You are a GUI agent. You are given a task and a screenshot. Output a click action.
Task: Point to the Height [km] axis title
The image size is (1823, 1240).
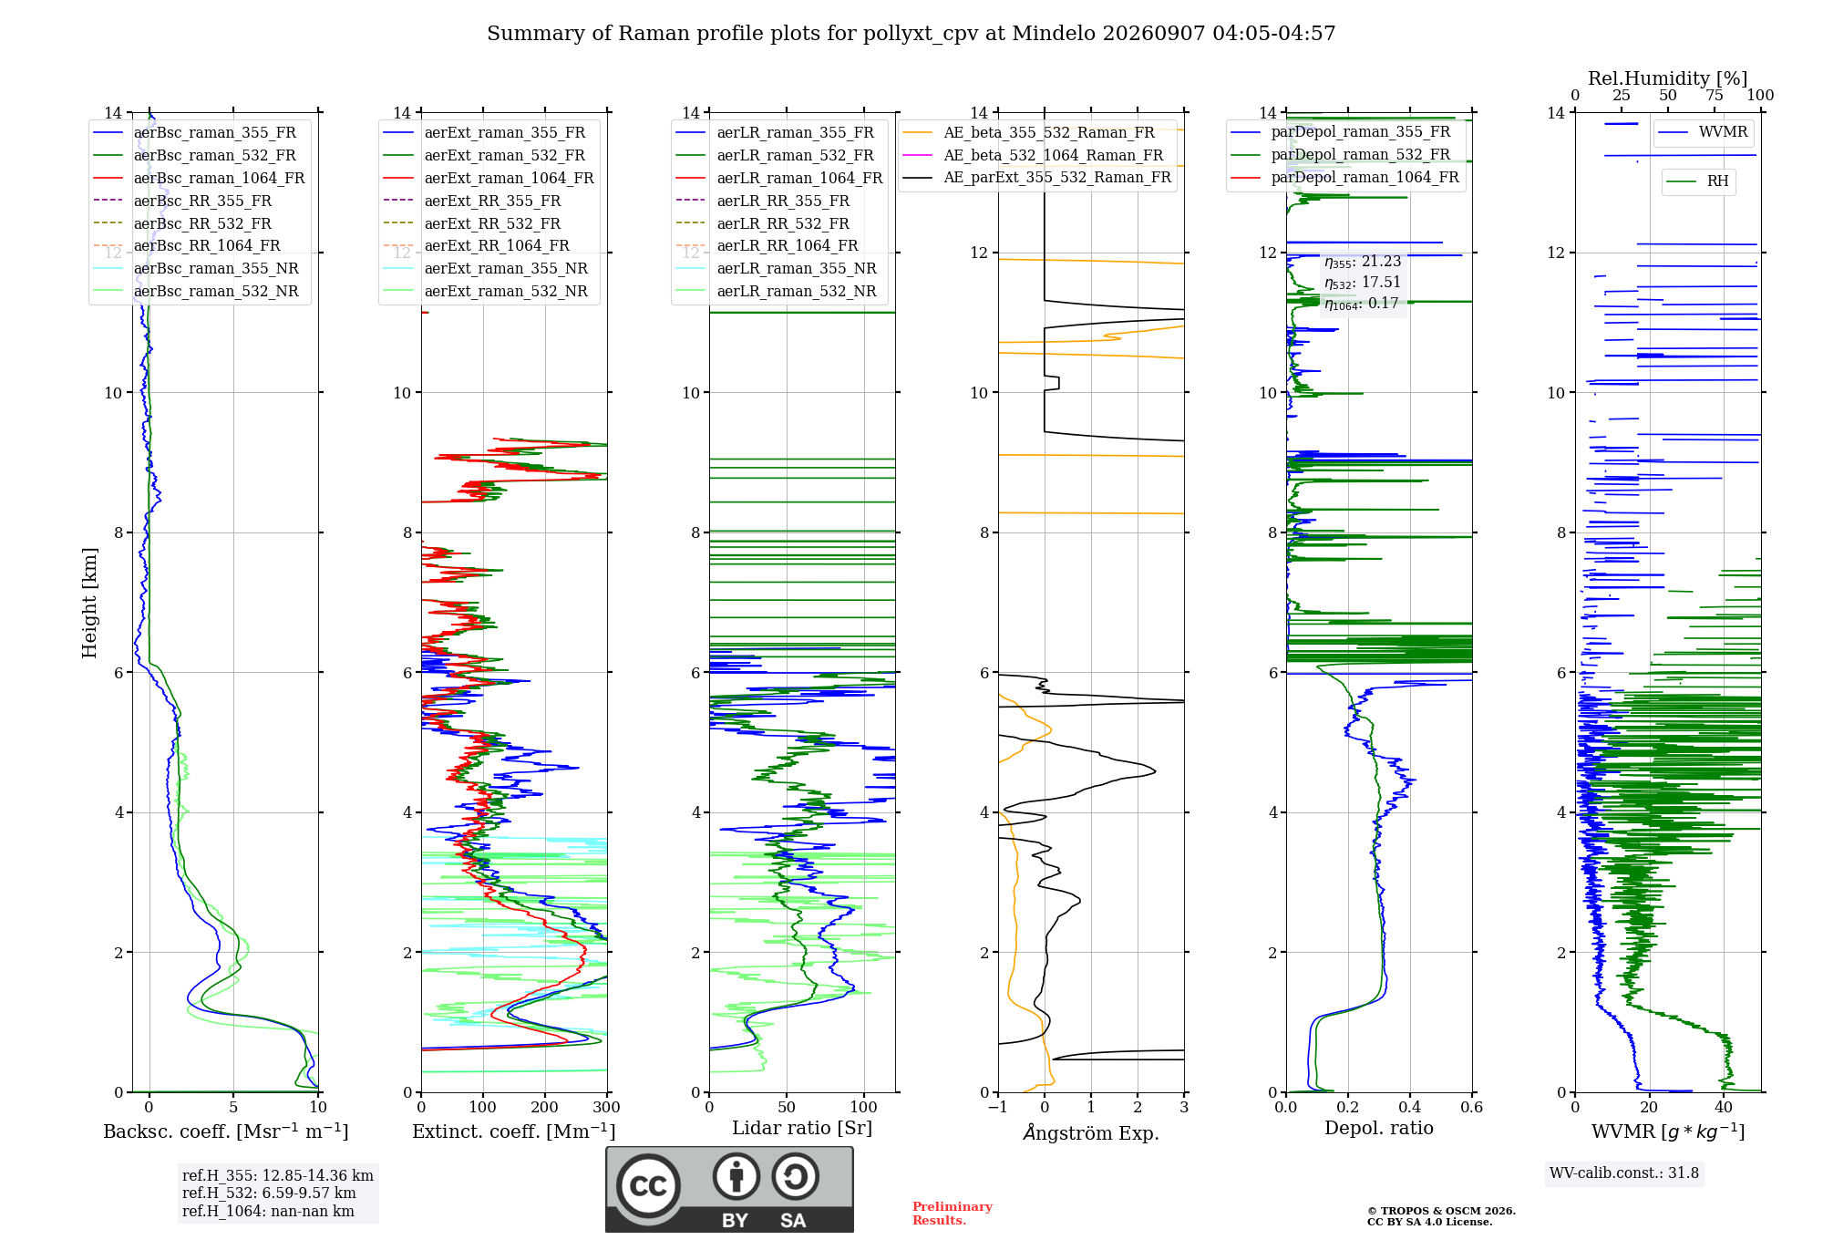89,603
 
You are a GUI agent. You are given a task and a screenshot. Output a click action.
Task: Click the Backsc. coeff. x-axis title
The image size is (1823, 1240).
226,1131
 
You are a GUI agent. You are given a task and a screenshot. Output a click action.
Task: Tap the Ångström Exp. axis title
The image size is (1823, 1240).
1091,1132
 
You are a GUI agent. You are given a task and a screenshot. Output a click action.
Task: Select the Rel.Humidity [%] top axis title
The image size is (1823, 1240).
1668,78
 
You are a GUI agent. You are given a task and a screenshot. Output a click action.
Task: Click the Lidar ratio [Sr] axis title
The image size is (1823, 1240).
802,1128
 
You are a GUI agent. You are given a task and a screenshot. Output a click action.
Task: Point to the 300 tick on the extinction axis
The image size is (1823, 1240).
607,1107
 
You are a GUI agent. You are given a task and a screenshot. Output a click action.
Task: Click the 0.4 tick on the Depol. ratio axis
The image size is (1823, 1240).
1410,1107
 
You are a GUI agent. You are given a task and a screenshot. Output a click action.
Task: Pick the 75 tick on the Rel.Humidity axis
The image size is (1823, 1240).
1715,96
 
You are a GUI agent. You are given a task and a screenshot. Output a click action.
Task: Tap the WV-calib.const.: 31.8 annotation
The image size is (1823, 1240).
1624,1173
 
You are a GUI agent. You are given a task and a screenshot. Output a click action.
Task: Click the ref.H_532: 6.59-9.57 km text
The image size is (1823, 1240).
269,1193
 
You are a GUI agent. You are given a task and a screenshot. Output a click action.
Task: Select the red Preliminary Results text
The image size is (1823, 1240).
953,1214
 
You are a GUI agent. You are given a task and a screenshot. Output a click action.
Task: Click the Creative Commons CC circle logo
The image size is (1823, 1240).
648,1185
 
